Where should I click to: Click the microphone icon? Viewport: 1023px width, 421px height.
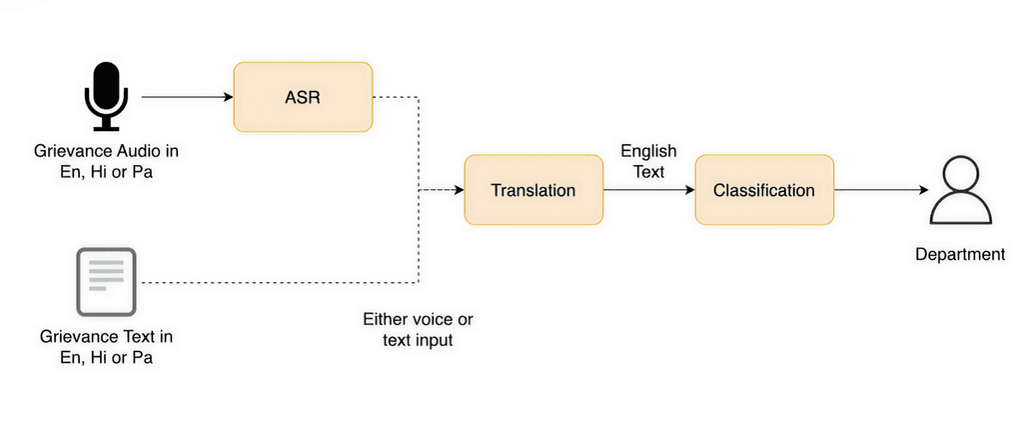coord(105,95)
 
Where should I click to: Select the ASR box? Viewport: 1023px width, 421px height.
coord(303,97)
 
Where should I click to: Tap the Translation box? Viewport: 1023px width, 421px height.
coord(532,190)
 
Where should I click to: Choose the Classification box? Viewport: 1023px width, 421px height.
coord(764,190)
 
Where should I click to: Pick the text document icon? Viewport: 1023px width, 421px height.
coord(106,282)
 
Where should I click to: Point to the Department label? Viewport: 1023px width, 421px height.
coord(960,254)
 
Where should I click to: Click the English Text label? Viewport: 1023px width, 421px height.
coord(648,161)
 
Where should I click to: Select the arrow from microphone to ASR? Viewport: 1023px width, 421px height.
coord(187,97)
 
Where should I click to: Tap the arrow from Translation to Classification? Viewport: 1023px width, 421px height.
coord(649,190)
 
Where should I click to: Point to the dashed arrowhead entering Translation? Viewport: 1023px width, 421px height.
coord(459,190)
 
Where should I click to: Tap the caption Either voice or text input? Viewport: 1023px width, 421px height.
coord(418,330)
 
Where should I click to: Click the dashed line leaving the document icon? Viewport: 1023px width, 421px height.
coord(280,283)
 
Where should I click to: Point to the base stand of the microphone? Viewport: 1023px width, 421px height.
coord(105,127)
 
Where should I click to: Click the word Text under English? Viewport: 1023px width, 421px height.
coord(648,171)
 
